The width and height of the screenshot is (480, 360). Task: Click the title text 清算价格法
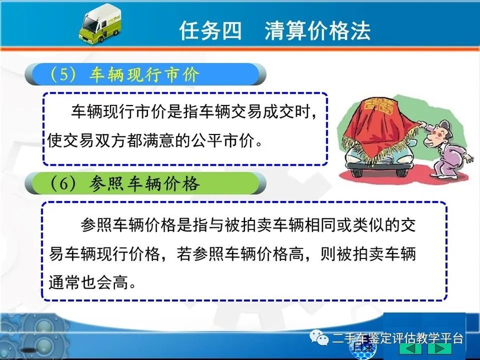point(318,31)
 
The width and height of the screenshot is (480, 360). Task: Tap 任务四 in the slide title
point(210,31)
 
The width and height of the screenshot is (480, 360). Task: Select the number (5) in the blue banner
point(63,74)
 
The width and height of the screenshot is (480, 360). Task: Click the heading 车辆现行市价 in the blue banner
point(145,74)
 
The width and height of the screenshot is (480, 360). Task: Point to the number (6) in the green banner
point(63,184)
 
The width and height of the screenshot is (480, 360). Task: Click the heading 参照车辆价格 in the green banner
point(145,184)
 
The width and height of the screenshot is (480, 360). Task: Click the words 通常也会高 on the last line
point(89,282)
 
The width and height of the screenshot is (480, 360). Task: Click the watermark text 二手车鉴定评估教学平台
point(397,338)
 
